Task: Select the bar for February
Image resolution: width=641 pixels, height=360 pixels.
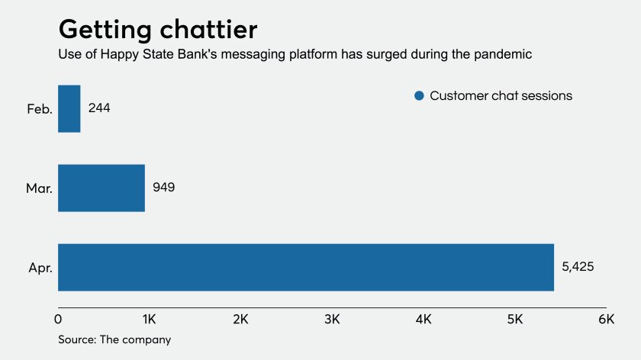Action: (x=69, y=108)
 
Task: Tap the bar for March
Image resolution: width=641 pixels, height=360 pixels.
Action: (x=101, y=188)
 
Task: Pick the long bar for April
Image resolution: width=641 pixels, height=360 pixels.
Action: (x=305, y=267)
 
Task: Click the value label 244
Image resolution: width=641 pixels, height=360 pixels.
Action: (x=99, y=108)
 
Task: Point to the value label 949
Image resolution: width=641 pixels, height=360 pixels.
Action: (x=163, y=188)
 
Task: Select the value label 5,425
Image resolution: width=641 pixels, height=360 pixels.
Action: (x=578, y=267)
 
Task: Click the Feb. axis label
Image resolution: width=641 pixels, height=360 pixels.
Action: (x=39, y=109)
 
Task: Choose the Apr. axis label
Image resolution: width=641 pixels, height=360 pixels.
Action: (x=39, y=268)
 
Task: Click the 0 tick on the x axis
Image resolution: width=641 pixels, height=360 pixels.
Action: (x=59, y=318)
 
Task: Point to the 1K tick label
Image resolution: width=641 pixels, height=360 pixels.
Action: (x=150, y=318)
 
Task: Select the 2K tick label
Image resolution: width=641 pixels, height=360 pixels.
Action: (x=241, y=318)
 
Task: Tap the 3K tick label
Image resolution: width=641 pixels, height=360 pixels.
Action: (x=333, y=318)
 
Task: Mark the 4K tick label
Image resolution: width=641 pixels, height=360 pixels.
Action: (x=424, y=318)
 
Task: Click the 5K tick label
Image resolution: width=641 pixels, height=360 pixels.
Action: (x=515, y=318)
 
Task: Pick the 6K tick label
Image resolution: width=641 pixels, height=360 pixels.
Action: (x=606, y=318)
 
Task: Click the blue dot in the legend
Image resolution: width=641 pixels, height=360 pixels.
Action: (x=418, y=96)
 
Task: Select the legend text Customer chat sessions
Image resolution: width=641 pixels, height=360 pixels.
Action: (x=501, y=96)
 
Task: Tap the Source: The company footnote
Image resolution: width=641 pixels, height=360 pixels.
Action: (x=114, y=339)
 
